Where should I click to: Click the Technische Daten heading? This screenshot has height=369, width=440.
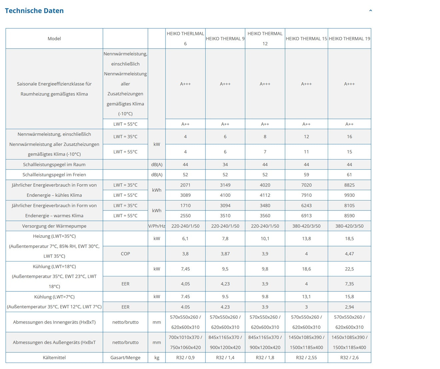(x=34, y=11)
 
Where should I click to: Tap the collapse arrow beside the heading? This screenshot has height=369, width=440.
(x=370, y=11)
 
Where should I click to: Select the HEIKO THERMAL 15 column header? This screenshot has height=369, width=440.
(x=306, y=39)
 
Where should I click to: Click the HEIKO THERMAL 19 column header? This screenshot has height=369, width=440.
(x=349, y=39)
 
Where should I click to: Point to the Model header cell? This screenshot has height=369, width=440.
(x=54, y=39)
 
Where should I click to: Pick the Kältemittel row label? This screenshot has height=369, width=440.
(x=54, y=357)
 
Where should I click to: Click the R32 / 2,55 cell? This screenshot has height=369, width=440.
(x=306, y=357)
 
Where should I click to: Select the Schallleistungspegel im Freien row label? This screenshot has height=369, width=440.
(x=54, y=175)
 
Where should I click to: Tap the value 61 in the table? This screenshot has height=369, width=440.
(x=349, y=175)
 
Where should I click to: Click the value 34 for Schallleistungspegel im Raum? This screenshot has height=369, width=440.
(x=225, y=165)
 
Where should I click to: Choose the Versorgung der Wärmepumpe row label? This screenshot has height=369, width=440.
(x=54, y=226)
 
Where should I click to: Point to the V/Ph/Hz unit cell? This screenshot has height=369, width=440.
(x=157, y=226)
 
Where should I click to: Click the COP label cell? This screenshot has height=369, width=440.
(x=125, y=254)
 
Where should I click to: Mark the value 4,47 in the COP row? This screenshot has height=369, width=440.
(x=349, y=254)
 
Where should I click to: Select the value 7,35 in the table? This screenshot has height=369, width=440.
(x=349, y=284)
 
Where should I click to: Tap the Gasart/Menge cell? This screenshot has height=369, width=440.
(x=125, y=357)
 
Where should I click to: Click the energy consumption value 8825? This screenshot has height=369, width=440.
(x=349, y=185)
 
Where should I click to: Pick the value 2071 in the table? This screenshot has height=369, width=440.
(x=186, y=185)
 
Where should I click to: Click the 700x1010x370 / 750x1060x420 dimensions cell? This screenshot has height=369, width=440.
(x=186, y=342)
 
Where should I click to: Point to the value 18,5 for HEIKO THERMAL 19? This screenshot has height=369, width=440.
(x=349, y=238)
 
